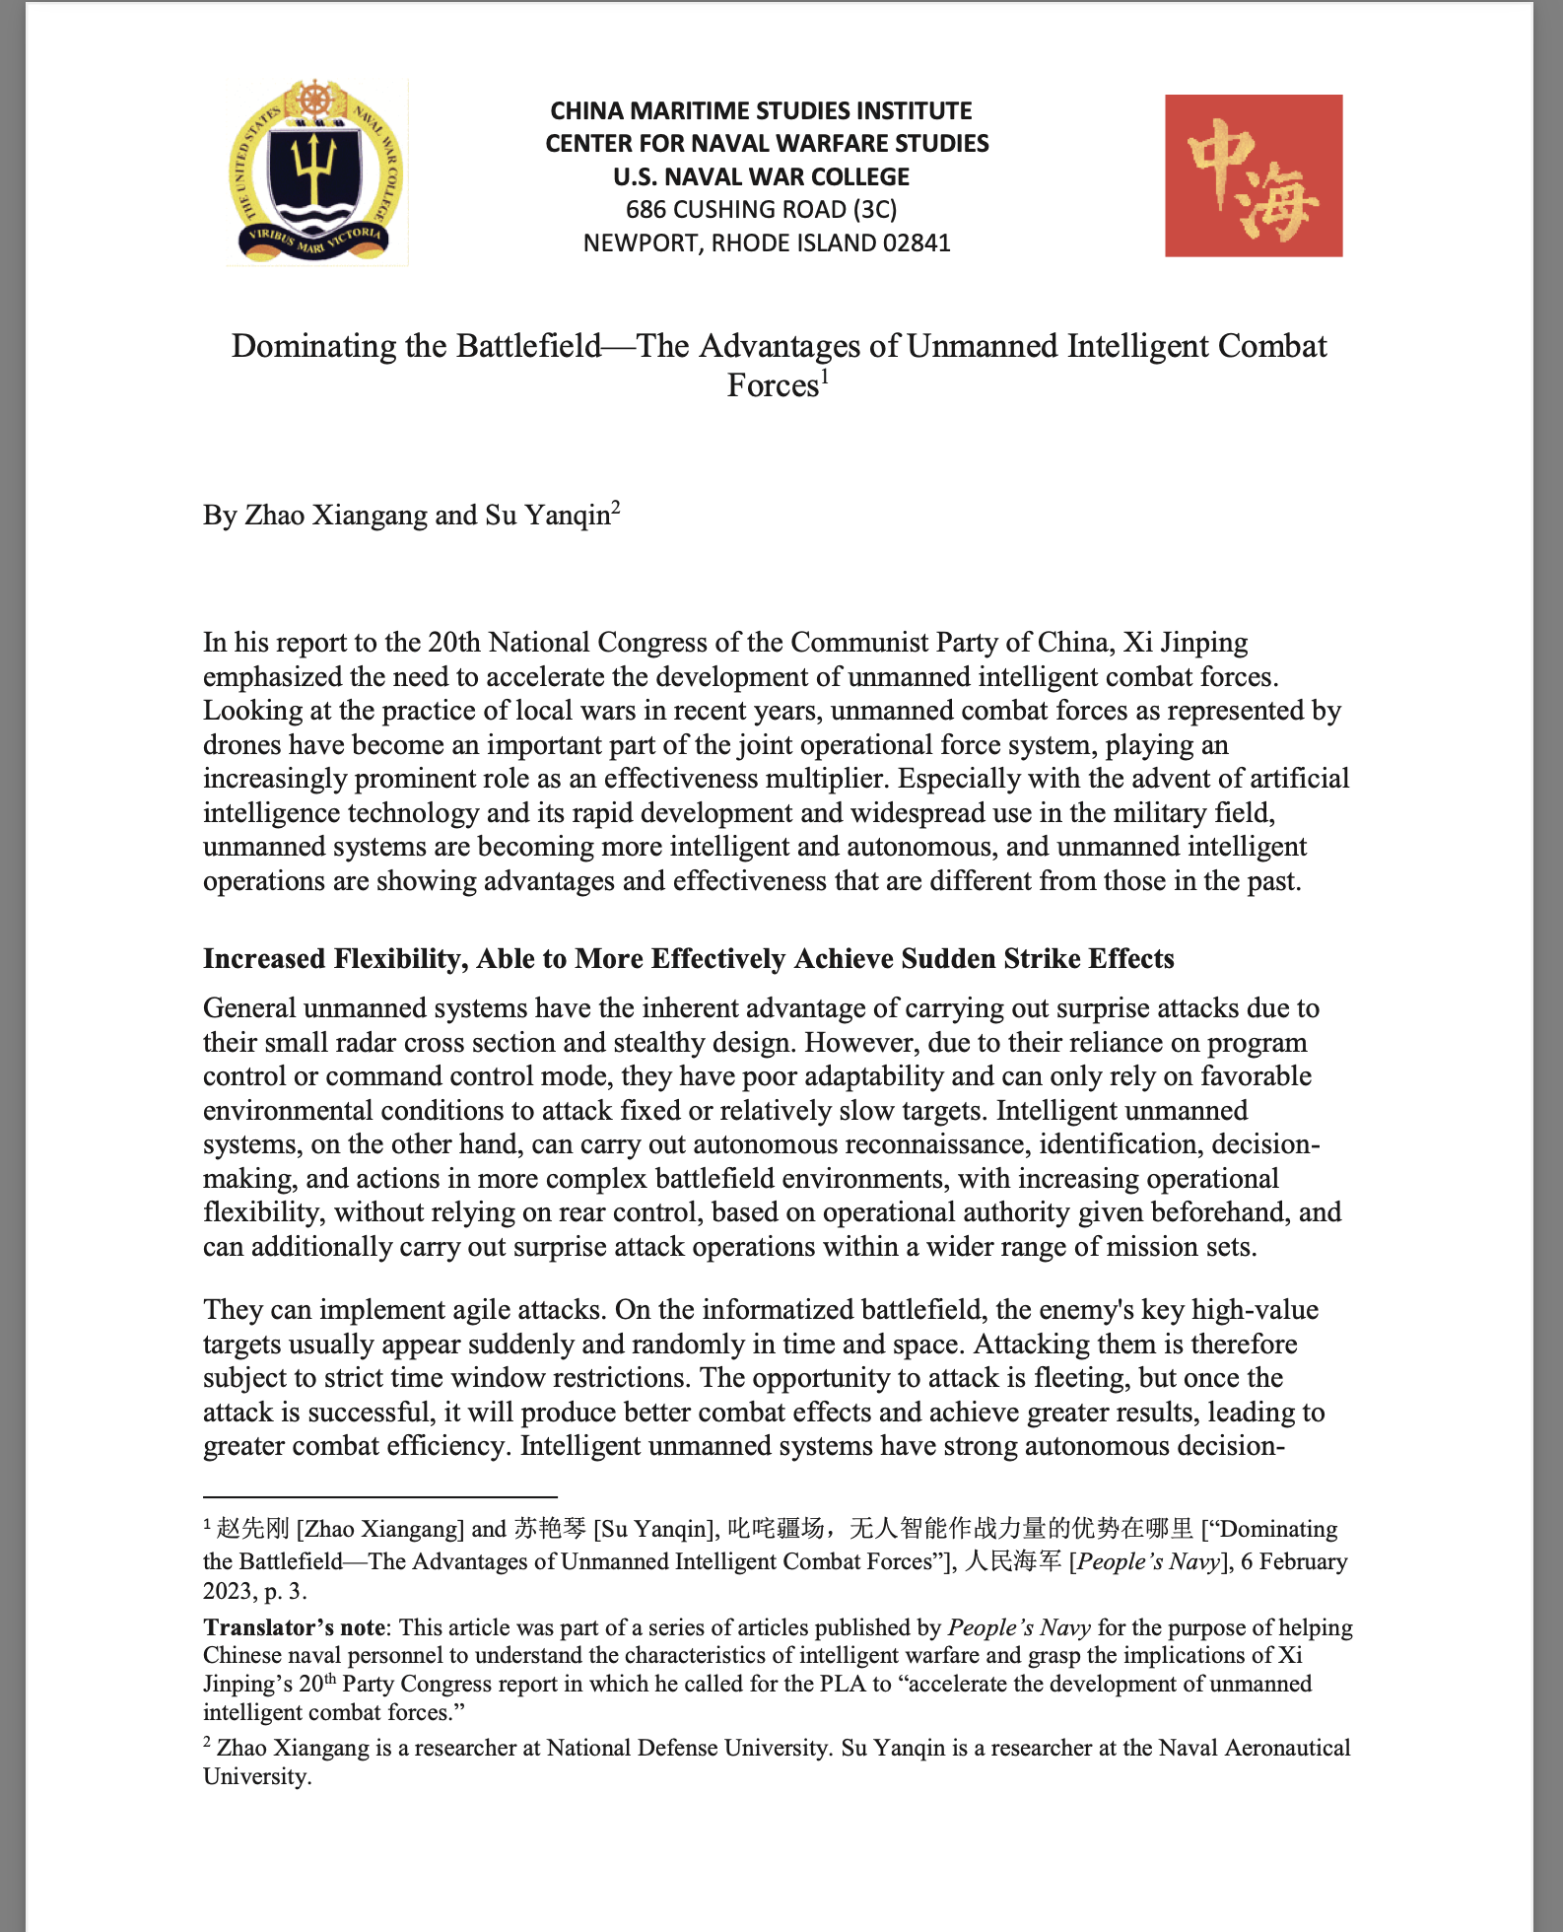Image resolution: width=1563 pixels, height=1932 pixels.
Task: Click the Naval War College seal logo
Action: click(x=316, y=174)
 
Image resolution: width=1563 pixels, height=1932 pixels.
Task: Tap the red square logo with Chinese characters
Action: click(x=1253, y=175)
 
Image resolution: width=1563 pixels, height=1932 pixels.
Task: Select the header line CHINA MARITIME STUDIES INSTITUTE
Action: click(x=761, y=110)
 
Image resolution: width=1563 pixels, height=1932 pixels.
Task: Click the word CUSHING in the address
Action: click(x=743, y=209)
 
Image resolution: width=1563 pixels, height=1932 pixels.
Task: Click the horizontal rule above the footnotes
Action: click(x=380, y=1496)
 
